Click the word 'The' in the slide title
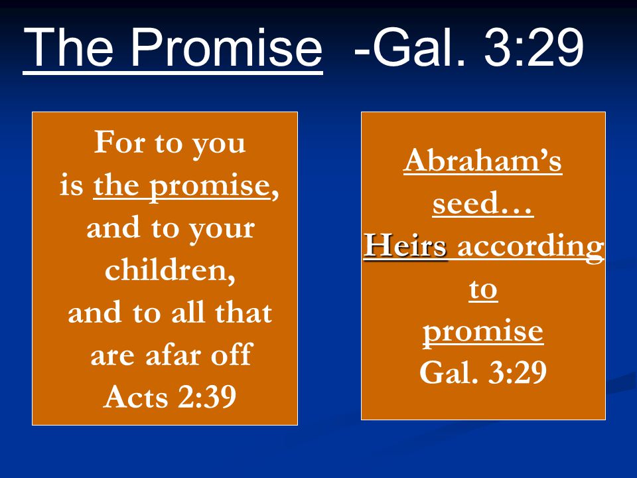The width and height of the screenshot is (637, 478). [x=68, y=47]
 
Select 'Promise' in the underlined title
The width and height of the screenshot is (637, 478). [x=226, y=47]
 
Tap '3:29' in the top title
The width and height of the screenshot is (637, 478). [x=533, y=47]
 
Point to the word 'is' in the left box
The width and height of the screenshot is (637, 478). [x=71, y=185]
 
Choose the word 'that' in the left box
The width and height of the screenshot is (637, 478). [x=243, y=312]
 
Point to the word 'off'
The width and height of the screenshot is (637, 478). [x=232, y=355]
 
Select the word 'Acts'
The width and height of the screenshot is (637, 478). [x=135, y=397]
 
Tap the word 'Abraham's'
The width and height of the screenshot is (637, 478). [x=482, y=160]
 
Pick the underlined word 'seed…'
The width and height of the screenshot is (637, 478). [x=482, y=203]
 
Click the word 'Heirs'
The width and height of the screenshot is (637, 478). [x=405, y=245]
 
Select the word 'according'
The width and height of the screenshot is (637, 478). [x=531, y=247]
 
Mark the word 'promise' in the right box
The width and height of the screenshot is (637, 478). [x=483, y=333]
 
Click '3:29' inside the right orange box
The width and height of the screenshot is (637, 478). [x=517, y=372]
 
